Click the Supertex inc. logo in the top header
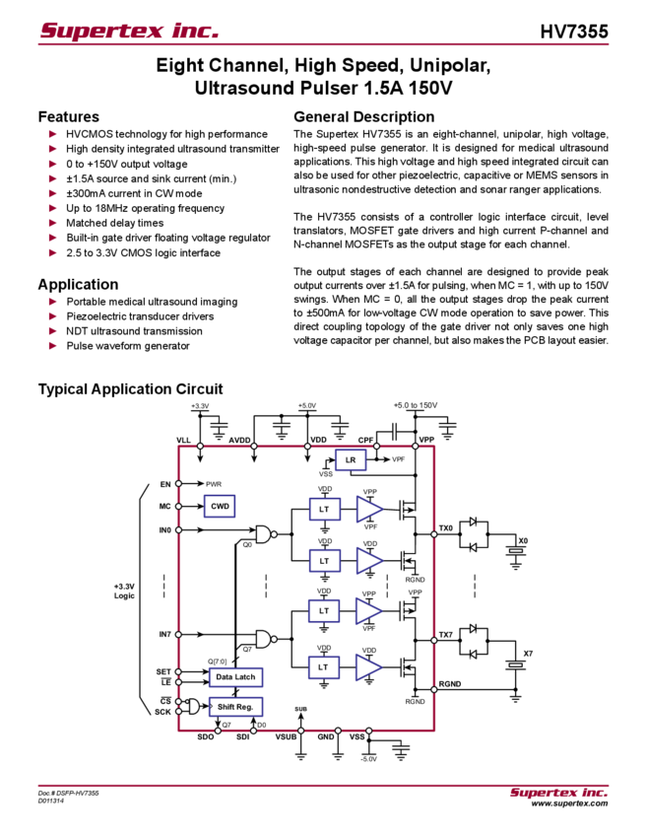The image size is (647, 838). (x=129, y=31)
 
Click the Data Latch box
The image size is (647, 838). (x=234, y=677)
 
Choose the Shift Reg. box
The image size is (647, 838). (x=234, y=706)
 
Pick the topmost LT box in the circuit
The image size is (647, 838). (x=324, y=509)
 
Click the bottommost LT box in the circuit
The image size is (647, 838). (x=324, y=667)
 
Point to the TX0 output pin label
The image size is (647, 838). (x=445, y=528)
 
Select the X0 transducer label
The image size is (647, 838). (x=523, y=540)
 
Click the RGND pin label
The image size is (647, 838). (x=449, y=682)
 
